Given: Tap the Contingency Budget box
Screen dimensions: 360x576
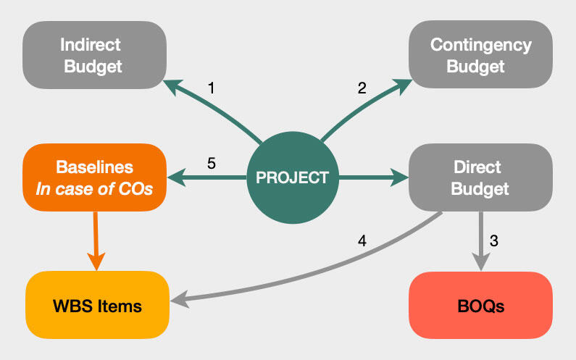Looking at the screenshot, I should (x=480, y=56).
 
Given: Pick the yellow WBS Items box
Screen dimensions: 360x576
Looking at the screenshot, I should (x=97, y=305).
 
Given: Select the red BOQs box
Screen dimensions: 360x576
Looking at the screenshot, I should (x=480, y=305).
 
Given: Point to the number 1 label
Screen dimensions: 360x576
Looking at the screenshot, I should (x=211, y=88).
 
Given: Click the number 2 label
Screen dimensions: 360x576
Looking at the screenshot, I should (x=362, y=88).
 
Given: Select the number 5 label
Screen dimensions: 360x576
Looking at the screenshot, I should (x=211, y=163).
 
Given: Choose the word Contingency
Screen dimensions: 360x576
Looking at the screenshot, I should (x=480, y=45).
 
